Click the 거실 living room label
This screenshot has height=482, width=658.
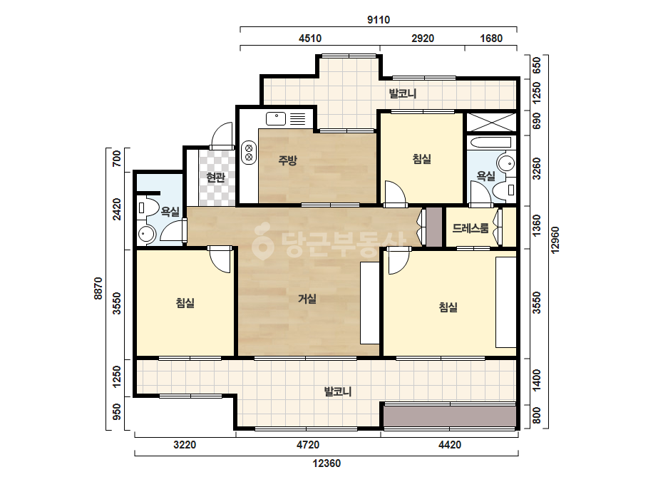tap(307, 299)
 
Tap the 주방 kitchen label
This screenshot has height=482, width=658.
tap(287, 160)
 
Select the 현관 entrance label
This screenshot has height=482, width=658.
tap(216, 178)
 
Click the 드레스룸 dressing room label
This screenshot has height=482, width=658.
tap(471, 228)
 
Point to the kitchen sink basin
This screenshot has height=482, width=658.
tap(276, 118)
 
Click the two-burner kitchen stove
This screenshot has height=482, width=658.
tap(248, 153)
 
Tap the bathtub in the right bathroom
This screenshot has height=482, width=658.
tap(491, 141)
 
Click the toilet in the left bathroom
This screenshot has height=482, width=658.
tap(148, 207)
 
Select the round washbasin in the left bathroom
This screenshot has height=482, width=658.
tap(146, 233)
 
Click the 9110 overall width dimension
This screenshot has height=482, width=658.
tap(379, 20)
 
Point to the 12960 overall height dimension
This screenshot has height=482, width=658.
tap(555, 240)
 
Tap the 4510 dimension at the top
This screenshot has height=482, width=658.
tap(310, 39)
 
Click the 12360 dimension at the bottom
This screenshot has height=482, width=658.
tap(327, 463)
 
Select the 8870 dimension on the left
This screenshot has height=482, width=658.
tap(98, 288)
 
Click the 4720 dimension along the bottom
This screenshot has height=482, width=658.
tap(308, 445)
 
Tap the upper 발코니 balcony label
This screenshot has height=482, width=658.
tap(403, 93)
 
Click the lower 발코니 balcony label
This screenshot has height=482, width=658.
tap(338, 391)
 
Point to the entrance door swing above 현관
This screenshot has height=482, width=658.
tap(222, 135)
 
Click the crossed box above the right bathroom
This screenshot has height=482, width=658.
tap(491, 122)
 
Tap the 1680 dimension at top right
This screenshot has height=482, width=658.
tap(491, 39)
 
